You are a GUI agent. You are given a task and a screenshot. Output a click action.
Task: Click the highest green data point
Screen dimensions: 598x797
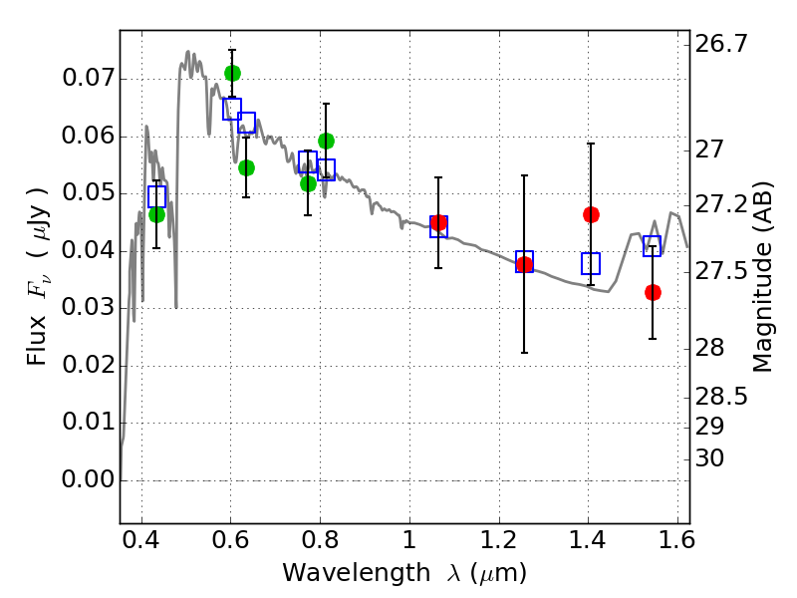[232, 73]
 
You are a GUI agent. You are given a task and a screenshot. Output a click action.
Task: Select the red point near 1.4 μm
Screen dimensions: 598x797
[591, 214]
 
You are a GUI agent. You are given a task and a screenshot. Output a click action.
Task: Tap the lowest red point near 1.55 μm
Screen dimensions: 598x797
[653, 292]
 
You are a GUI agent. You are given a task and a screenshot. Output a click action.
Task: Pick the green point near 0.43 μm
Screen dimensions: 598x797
[156, 214]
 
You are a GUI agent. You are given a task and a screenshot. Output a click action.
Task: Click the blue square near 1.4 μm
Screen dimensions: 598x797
[591, 264]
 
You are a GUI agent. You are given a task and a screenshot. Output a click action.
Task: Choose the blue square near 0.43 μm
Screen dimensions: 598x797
[156, 196]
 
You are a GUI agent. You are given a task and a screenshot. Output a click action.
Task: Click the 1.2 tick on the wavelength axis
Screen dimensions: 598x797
[498, 543]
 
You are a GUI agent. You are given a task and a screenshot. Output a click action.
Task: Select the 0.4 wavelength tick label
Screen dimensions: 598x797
[141, 543]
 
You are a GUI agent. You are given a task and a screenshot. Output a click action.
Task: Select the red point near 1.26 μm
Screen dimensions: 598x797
[524, 264]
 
